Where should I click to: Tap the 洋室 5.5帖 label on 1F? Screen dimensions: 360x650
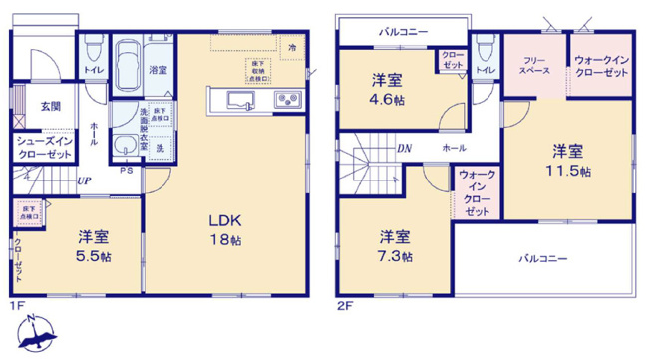coord(95,246)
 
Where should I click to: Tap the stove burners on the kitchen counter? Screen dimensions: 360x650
coord(286,99)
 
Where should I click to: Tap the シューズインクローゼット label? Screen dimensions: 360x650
coord(43,149)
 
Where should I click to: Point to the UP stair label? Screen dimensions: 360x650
coord(86,181)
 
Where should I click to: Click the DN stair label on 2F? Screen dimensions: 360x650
coord(405,149)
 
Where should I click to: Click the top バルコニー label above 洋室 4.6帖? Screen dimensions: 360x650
coord(403,32)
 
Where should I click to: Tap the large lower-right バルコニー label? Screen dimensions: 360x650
coord(542,258)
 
